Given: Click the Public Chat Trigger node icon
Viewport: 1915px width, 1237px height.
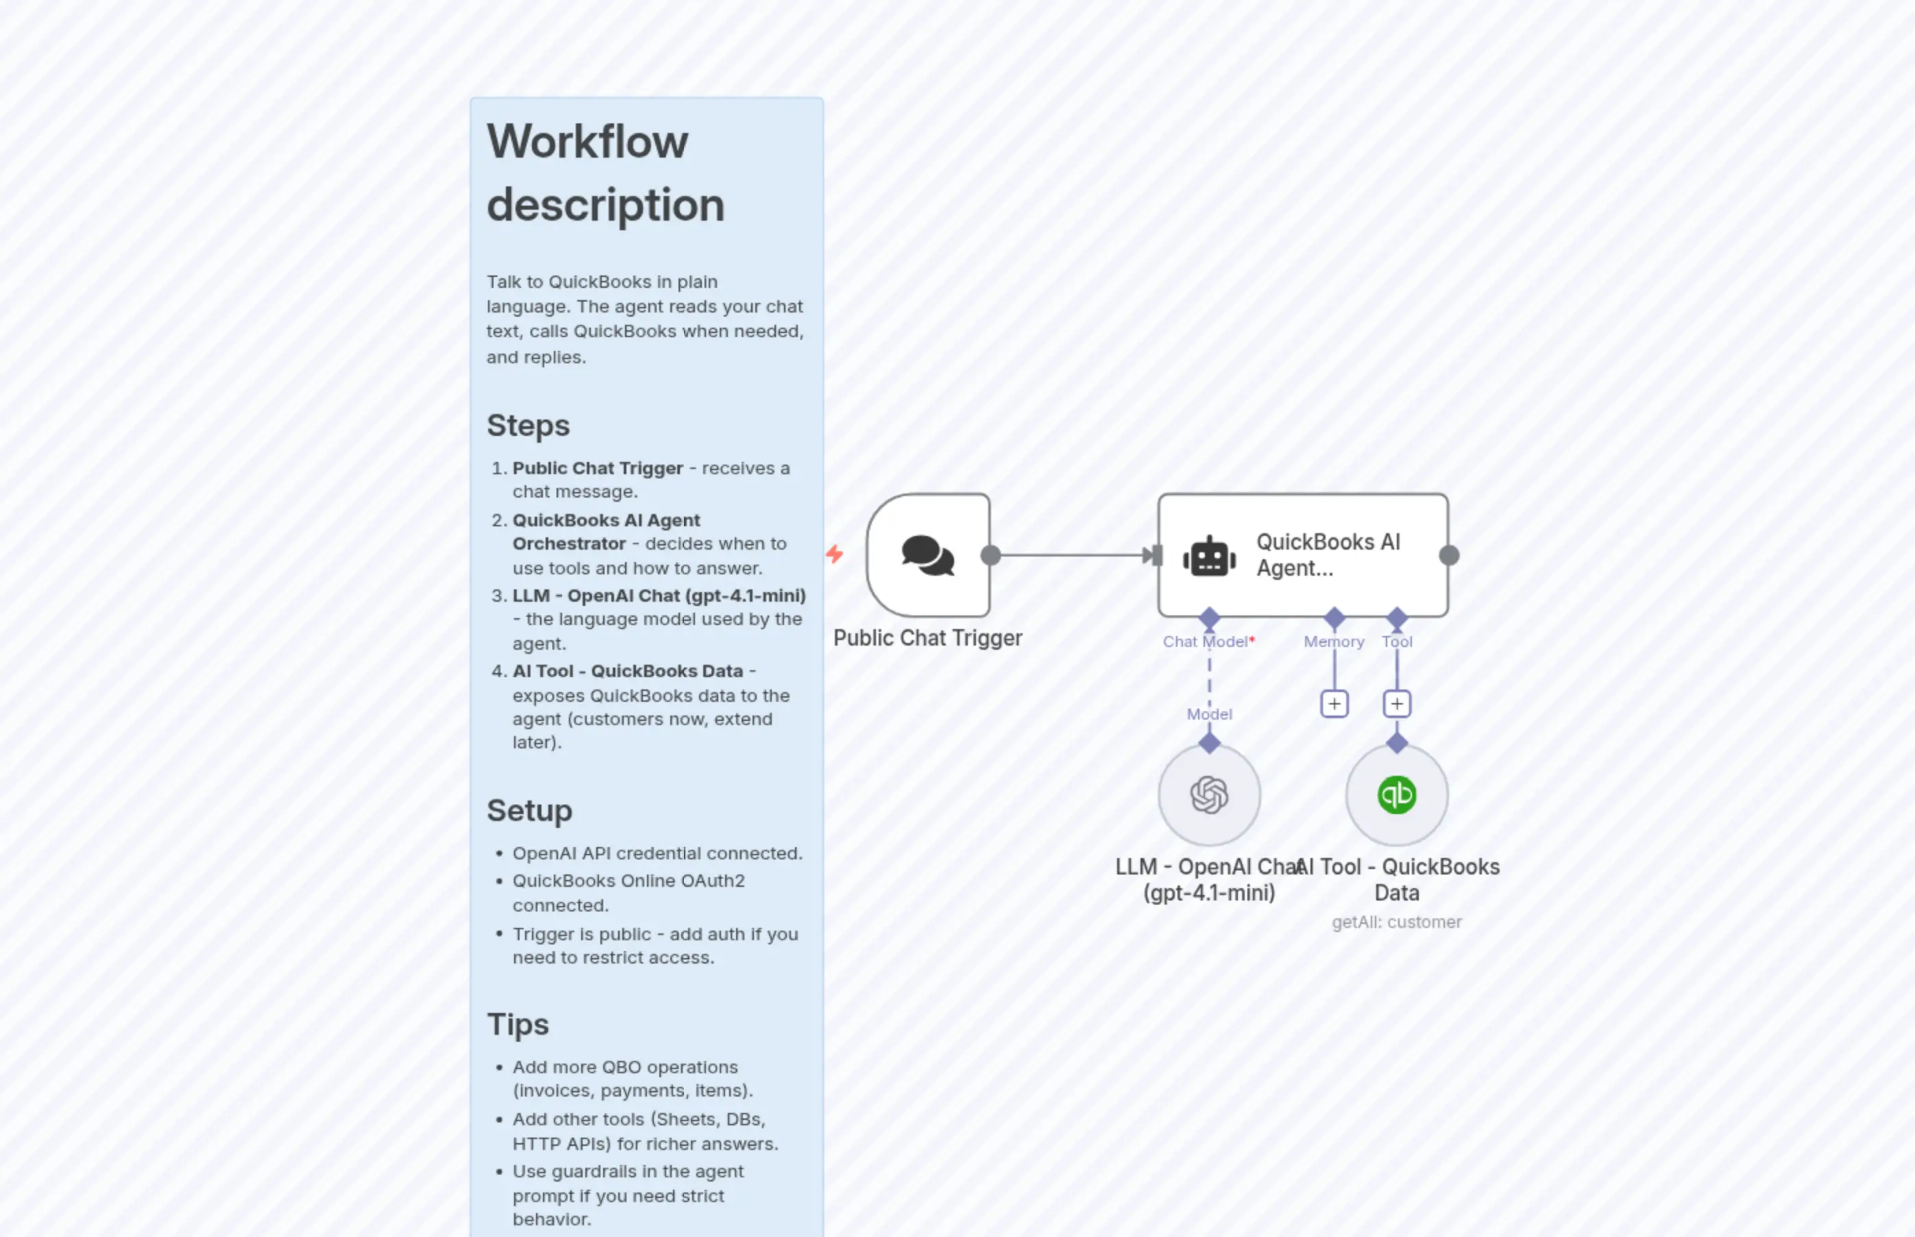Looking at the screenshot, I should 928,555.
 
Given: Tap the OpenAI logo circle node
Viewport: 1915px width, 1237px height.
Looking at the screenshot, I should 1209,794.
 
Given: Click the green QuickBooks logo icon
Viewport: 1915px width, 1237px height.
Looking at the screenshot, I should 1397,794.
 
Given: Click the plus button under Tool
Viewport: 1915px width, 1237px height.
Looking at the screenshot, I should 1397,705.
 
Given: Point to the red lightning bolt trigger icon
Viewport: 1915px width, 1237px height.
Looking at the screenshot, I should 835,554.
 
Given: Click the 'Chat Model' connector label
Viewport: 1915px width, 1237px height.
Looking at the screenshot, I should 1205,641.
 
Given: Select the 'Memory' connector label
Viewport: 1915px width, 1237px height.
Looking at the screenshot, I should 1333,641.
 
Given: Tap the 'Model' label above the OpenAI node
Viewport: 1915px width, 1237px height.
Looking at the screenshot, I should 1209,714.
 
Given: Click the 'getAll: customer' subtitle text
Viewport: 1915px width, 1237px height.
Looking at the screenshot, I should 1396,922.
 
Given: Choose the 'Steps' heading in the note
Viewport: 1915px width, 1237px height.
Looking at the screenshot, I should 528,426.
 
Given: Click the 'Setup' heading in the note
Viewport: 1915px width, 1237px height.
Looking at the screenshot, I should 529,811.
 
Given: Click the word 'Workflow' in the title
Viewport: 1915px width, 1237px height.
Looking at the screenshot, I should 587,142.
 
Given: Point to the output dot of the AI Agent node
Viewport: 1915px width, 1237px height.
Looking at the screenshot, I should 1449,555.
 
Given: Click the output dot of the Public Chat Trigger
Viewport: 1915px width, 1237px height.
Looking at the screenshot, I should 990,555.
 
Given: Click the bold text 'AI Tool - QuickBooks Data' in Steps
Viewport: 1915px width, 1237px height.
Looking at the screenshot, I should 627,672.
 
